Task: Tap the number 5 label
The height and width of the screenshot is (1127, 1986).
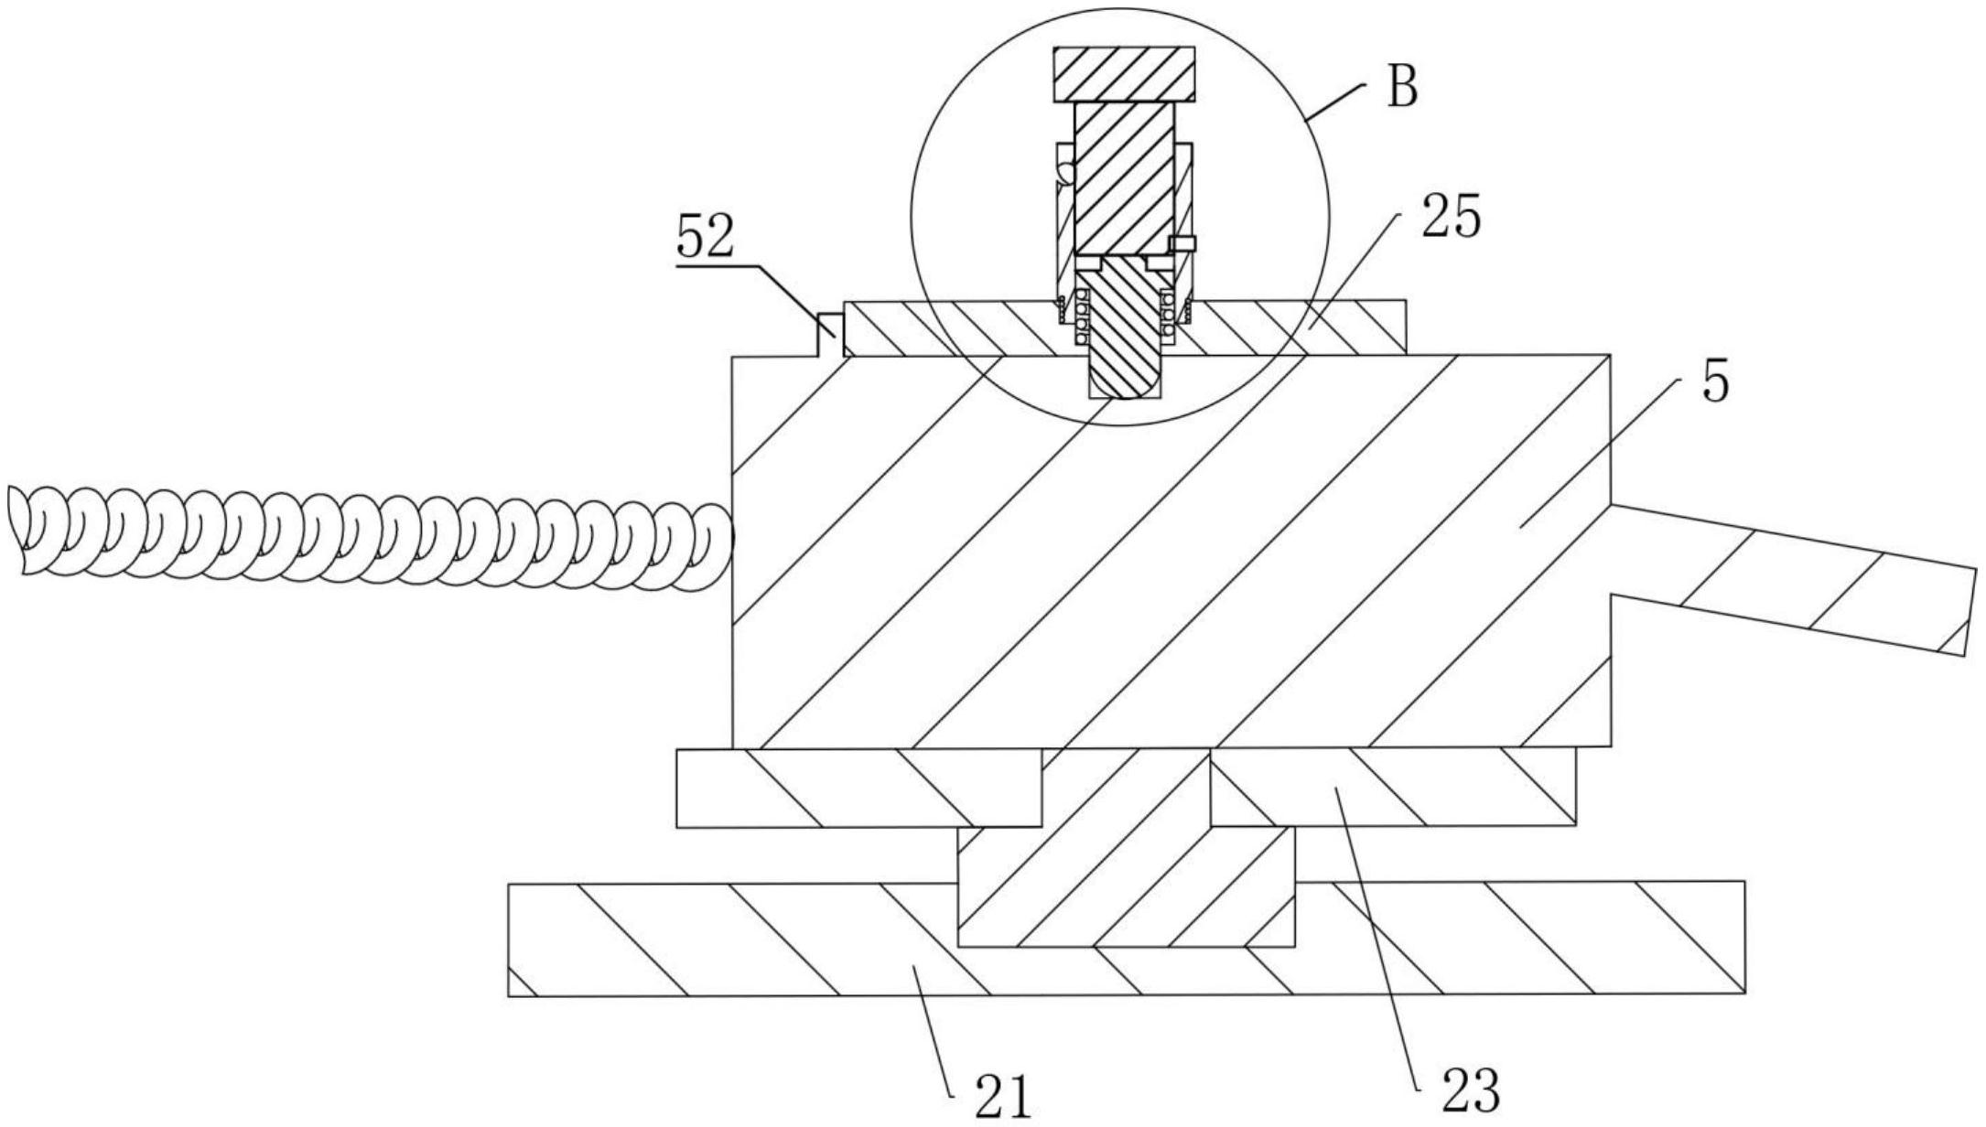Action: pos(1716,381)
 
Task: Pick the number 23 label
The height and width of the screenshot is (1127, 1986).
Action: pos(1472,1089)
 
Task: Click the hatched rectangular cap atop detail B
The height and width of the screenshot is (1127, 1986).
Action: pos(1125,74)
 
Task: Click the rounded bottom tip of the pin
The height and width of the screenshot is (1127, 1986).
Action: pos(1125,395)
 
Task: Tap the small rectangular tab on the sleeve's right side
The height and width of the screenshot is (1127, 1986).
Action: pos(1182,242)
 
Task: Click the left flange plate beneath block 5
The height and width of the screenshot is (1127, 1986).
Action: pos(858,789)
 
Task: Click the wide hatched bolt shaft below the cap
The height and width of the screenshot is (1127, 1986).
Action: pos(1124,177)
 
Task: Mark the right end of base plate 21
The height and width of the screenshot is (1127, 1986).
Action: pos(1743,938)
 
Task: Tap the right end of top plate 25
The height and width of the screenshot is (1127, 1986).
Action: pos(1405,327)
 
